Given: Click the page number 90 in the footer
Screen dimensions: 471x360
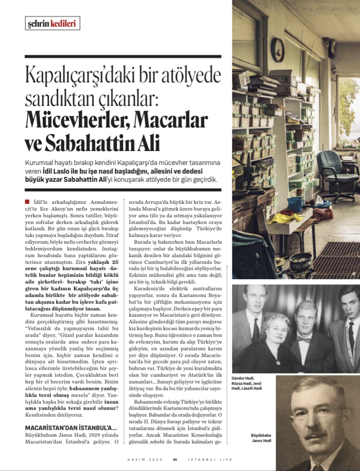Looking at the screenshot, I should (x=176, y=459).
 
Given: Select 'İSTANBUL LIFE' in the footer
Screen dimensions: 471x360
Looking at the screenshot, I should (x=211, y=459).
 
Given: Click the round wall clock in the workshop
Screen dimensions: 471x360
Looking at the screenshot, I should (x=277, y=49).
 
